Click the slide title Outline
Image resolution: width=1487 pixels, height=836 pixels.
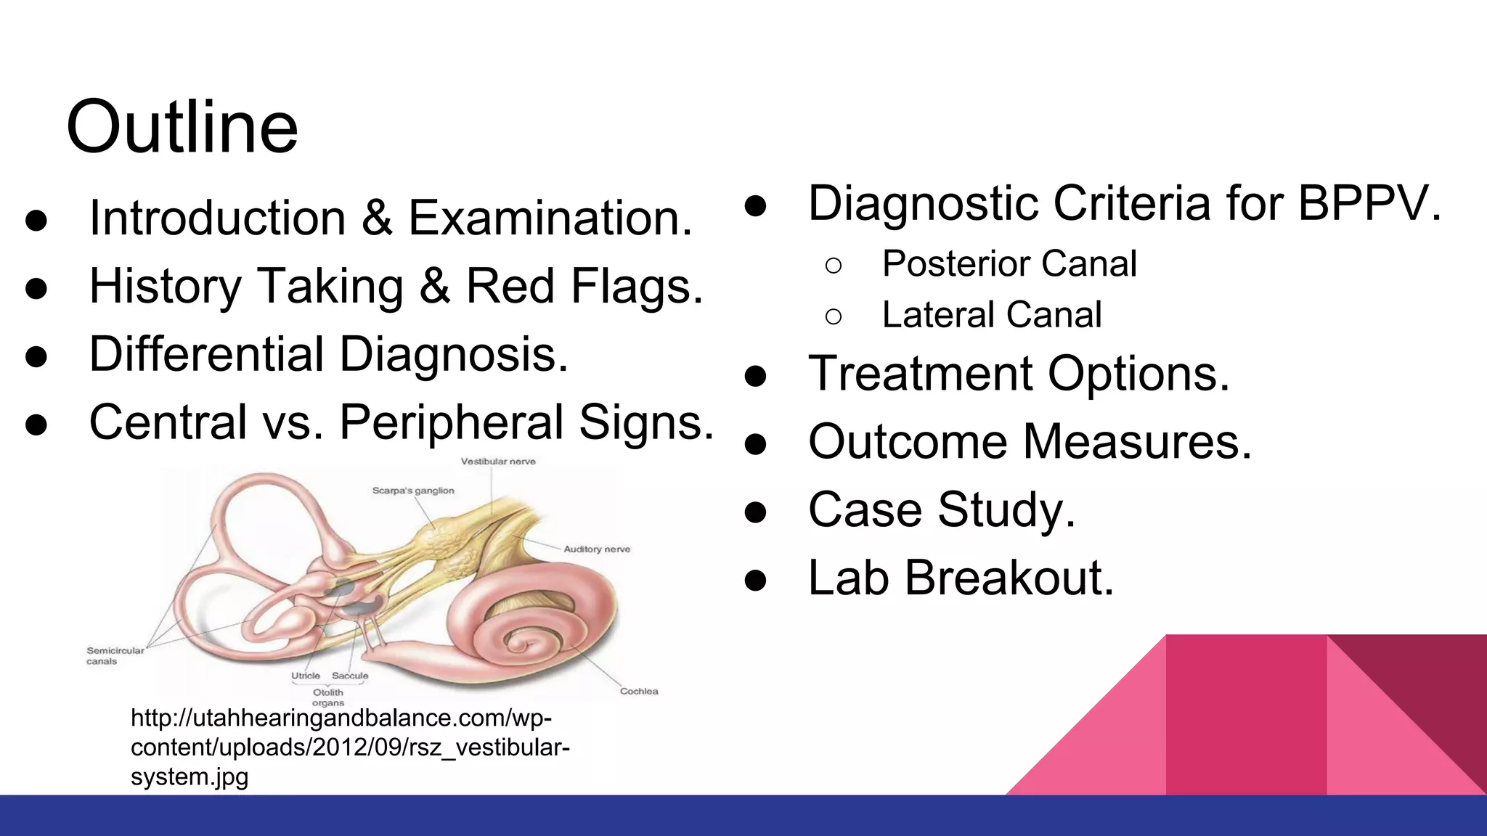[x=182, y=128]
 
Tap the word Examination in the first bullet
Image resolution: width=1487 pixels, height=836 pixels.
[x=549, y=218]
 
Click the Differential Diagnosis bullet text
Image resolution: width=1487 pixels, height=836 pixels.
[x=328, y=355]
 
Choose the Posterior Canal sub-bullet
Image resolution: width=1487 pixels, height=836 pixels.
[x=1009, y=263]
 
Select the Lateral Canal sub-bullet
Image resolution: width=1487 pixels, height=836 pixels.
[x=991, y=315]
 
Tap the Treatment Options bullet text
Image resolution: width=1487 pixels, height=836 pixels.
[x=1018, y=374]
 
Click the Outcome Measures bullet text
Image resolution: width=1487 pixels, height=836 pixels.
[x=1030, y=442]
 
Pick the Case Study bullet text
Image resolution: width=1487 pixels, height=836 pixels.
[x=941, y=510]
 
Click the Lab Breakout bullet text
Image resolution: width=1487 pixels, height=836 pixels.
[x=960, y=578]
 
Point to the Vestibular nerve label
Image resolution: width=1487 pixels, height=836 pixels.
[x=498, y=462]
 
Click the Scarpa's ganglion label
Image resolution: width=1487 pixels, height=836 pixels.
[x=413, y=491]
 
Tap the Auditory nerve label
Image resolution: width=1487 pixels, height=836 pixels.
[x=597, y=549]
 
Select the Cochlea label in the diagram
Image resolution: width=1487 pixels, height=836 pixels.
[x=639, y=692]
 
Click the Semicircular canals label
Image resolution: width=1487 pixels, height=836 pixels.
[x=115, y=655]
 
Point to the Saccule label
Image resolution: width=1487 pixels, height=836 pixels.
[x=350, y=676]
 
